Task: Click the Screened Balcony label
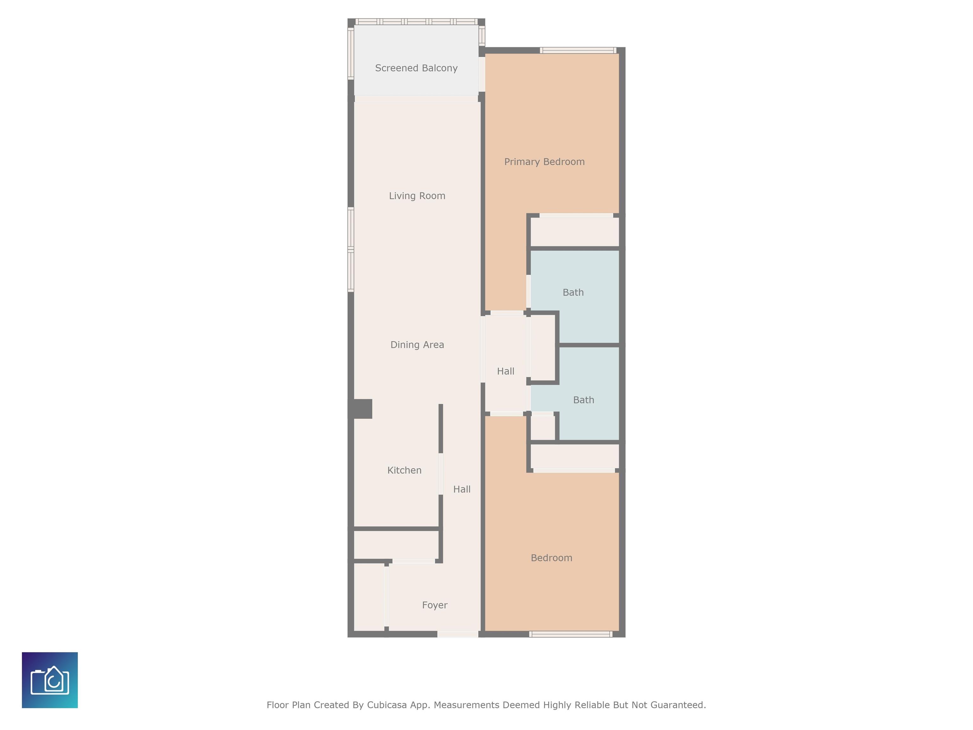click(x=416, y=68)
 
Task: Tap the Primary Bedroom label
click(x=544, y=162)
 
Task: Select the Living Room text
click(x=417, y=196)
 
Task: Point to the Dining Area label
click(x=417, y=344)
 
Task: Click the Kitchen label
click(x=404, y=471)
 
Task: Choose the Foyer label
click(x=435, y=605)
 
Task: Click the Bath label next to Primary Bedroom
click(x=573, y=293)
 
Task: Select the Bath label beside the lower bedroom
click(x=583, y=400)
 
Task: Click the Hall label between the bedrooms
click(x=506, y=371)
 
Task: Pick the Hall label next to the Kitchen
click(x=462, y=489)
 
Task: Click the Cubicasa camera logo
click(x=50, y=680)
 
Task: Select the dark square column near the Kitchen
click(x=361, y=409)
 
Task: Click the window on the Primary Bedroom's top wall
click(x=578, y=50)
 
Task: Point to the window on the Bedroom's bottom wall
click(x=570, y=634)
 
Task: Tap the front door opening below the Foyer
click(x=457, y=634)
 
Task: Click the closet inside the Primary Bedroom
click(x=575, y=232)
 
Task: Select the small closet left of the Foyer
click(x=369, y=597)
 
